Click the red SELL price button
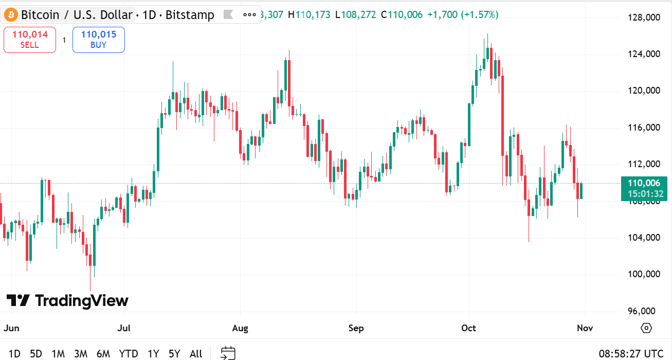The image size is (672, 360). (x=29, y=40)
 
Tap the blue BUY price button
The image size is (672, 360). (x=98, y=40)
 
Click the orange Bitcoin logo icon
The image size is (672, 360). (x=11, y=15)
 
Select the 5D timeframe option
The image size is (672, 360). (x=36, y=354)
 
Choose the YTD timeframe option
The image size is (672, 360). (x=129, y=354)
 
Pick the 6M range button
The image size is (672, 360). (x=103, y=354)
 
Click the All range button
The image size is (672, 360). (x=196, y=354)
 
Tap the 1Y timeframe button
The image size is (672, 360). (x=153, y=354)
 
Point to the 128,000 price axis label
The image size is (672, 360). (x=644, y=18)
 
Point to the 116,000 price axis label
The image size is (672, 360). (x=644, y=128)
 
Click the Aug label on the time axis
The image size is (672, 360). (x=240, y=328)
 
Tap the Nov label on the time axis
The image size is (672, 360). (x=585, y=328)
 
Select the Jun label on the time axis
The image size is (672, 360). (x=11, y=328)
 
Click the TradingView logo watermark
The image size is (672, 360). (x=67, y=301)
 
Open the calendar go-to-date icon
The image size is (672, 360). (x=228, y=353)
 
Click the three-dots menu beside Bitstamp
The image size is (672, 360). (x=249, y=15)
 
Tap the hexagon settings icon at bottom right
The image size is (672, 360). (x=646, y=328)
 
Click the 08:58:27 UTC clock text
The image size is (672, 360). (x=631, y=354)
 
